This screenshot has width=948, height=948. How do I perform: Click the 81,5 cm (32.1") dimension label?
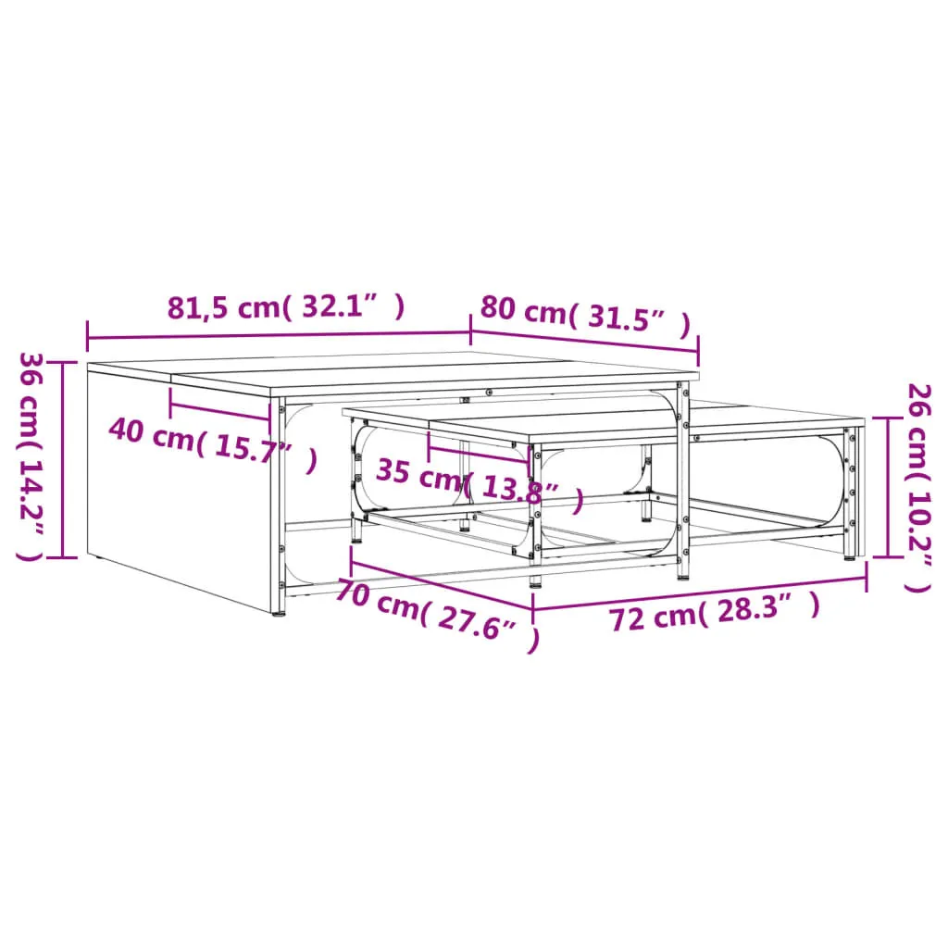(285, 306)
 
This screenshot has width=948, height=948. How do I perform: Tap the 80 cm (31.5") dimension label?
(585, 317)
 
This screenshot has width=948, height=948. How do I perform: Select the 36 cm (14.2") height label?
(32, 456)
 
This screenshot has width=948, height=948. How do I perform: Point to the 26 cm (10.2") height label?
(917, 487)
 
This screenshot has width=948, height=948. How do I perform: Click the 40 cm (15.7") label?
(213, 444)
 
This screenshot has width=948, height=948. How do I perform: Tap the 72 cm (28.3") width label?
(714, 612)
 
